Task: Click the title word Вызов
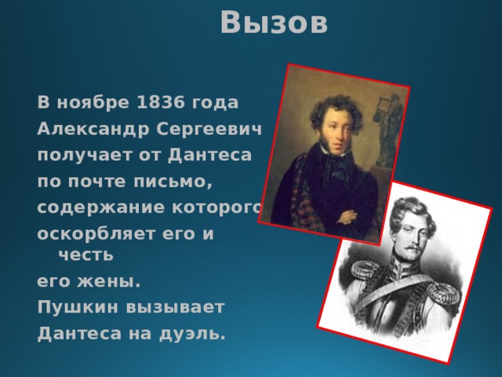(274, 23)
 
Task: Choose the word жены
(104, 280)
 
